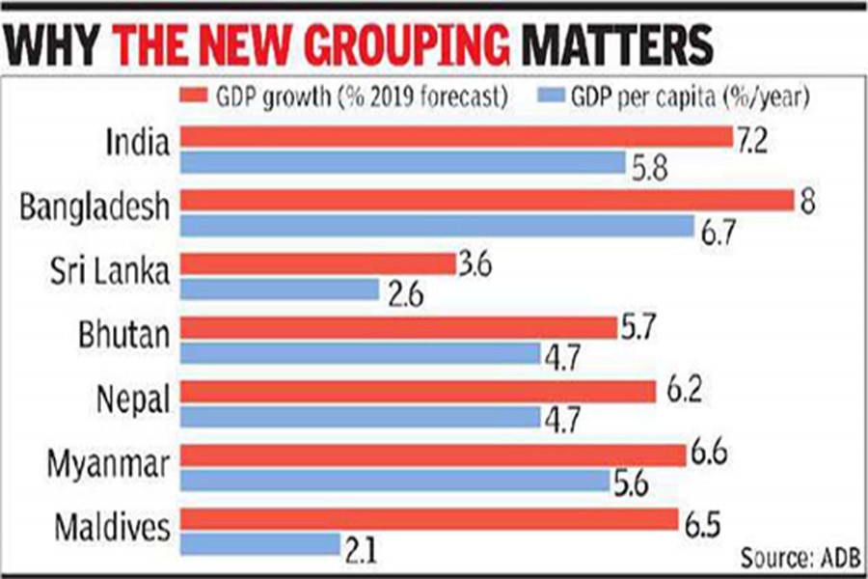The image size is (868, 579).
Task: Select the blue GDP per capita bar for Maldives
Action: pyautogui.click(x=260, y=545)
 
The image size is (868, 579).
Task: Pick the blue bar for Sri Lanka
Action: pyautogui.click(x=279, y=289)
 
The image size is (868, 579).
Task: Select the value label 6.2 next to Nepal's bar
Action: pyautogui.click(x=685, y=392)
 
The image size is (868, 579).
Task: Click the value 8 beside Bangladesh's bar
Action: pyautogui.click(x=808, y=200)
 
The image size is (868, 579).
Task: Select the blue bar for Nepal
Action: pyautogui.click(x=360, y=417)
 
